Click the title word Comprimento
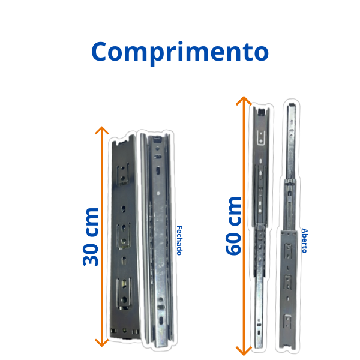pyautogui.click(x=180, y=53)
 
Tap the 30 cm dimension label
pyautogui.click(x=91, y=237)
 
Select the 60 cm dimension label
pyautogui.click(x=233, y=226)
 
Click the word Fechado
pyautogui.click(x=179, y=241)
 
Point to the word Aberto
pyautogui.click(x=304, y=241)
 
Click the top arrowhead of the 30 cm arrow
pyautogui.click(x=102, y=130)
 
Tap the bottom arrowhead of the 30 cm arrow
pyautogui.click(x=102, y=343)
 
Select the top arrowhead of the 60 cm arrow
pyautogui.click(x=244, y=100)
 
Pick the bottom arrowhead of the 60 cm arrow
pyautogui.click(x=244, y=351)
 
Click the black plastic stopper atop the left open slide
pyautogui.click(x=261, y=112)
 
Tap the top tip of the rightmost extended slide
pyautogui.click(x=292, y=104)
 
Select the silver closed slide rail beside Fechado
pyautogui.click(x=157, y=241)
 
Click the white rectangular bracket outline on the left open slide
pyautogui.click(x=261, y=138)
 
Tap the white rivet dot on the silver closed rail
pyautogui.click(x=158, y=193)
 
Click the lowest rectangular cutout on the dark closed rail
pyautogui.click(x=124, y=295)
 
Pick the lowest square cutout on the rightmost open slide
pyautogui.click(x=287, y=321)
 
